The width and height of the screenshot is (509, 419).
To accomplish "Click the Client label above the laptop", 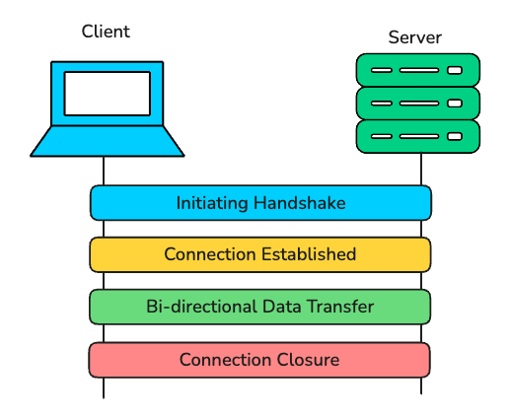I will [106, 32].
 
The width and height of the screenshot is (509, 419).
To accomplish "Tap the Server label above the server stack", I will [414, 37].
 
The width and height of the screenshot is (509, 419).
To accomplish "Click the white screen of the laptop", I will [107, 93].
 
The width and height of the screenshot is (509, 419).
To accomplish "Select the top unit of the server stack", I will [417, 70].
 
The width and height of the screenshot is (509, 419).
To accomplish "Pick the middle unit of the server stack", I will [417, 103].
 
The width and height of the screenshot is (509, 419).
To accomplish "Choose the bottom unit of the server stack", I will [417, 135].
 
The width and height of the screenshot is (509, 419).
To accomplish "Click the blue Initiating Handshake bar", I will [260, 203].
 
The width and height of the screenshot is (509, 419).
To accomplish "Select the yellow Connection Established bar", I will [260, 254].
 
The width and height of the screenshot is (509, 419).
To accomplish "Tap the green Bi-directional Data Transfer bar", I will [260, 307].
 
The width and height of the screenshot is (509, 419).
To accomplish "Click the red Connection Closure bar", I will [260, 359].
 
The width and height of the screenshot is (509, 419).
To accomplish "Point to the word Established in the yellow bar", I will [307, 254].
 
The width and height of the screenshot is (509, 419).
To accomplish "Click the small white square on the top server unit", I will [454, 70].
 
